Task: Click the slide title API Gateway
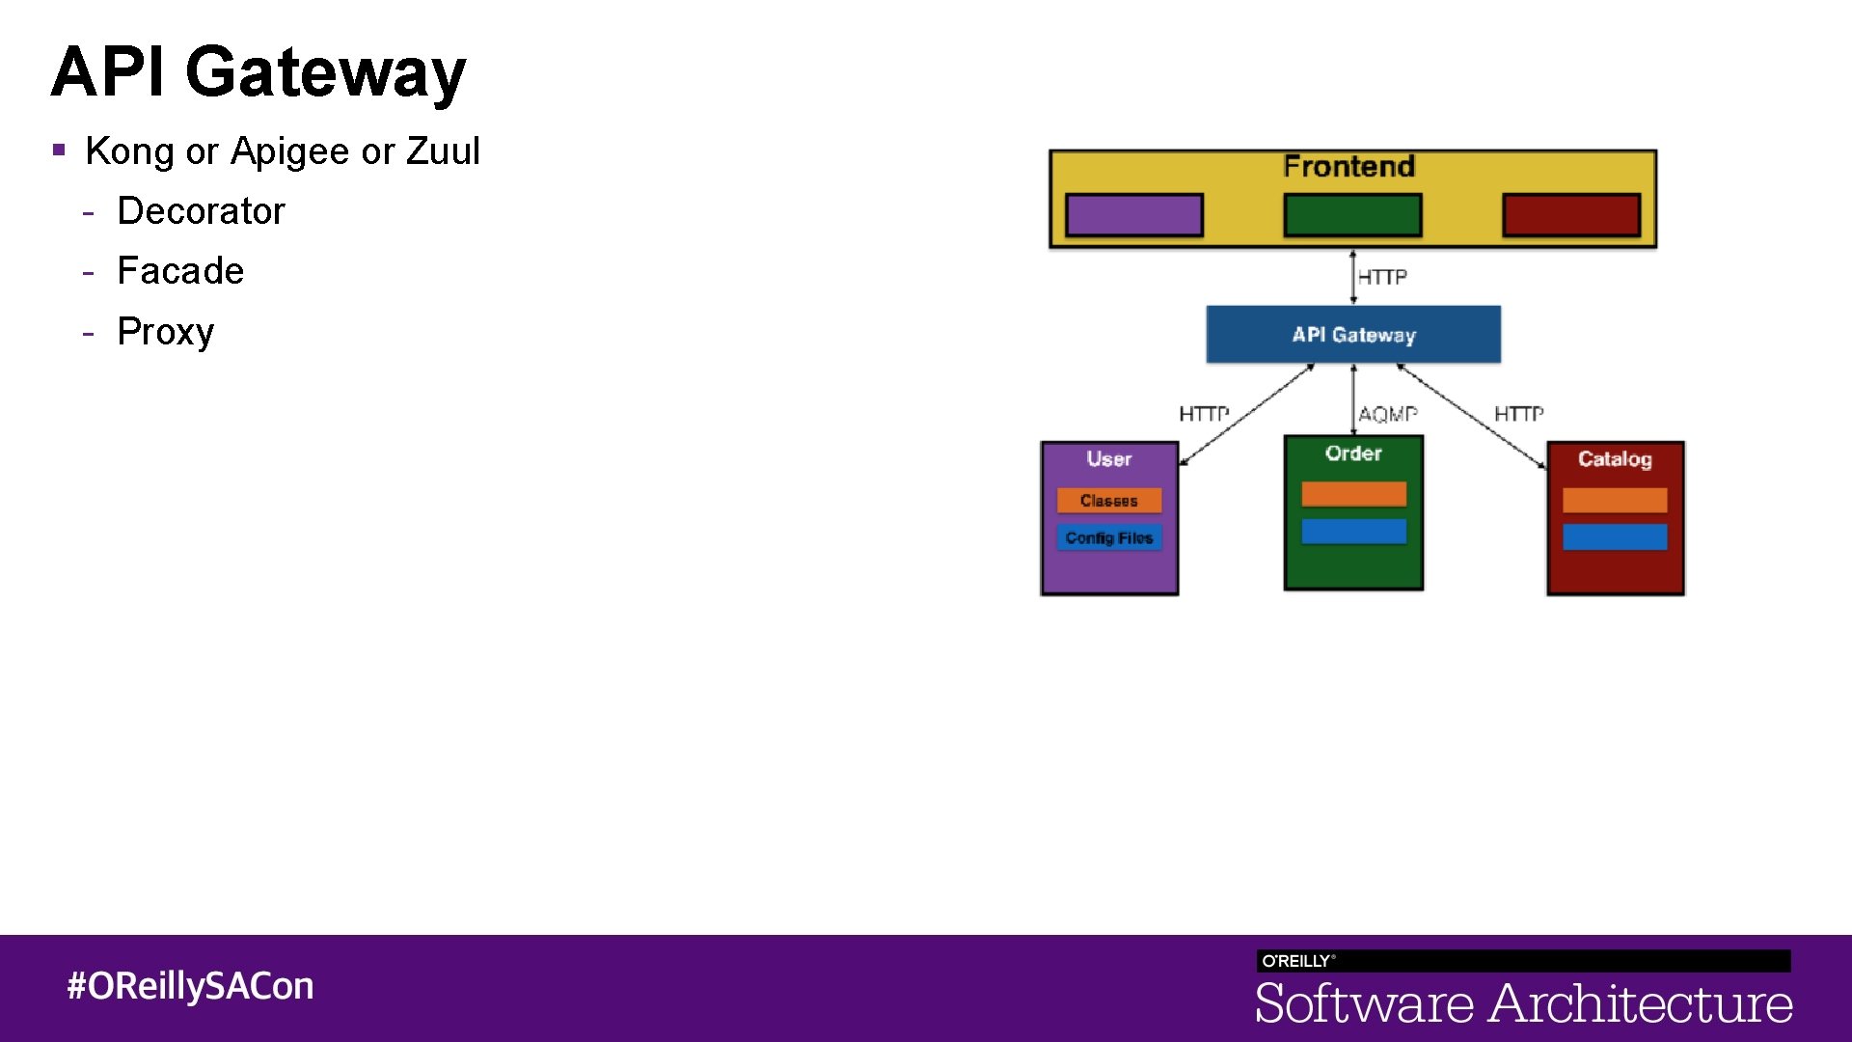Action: tap(259, 72)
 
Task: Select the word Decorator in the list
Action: tap(201, 211)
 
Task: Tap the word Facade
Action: tap(180, 271)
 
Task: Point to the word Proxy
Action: tap(165, 332)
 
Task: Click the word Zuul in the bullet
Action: tap(443, 151)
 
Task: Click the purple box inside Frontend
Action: tap(1133, 214)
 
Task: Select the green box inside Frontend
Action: tap(1352, 214)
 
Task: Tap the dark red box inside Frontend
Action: tap(1571, 214)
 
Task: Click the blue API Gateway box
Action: tap(1353, 335)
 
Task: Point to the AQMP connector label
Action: tap(1387, 414)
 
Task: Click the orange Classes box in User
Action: tap(1109, 501)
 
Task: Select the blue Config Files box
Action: tap(1109, 537)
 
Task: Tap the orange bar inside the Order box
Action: tap(1353, 494)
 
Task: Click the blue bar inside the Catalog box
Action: tap(1615, 537)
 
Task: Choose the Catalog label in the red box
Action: tap(1615, 459)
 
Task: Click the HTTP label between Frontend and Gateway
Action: tap(1382, 277)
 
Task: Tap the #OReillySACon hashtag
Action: tap(190, 986)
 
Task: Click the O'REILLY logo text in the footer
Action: tap(1297, 961)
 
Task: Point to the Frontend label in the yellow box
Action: tap(1348, 167)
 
